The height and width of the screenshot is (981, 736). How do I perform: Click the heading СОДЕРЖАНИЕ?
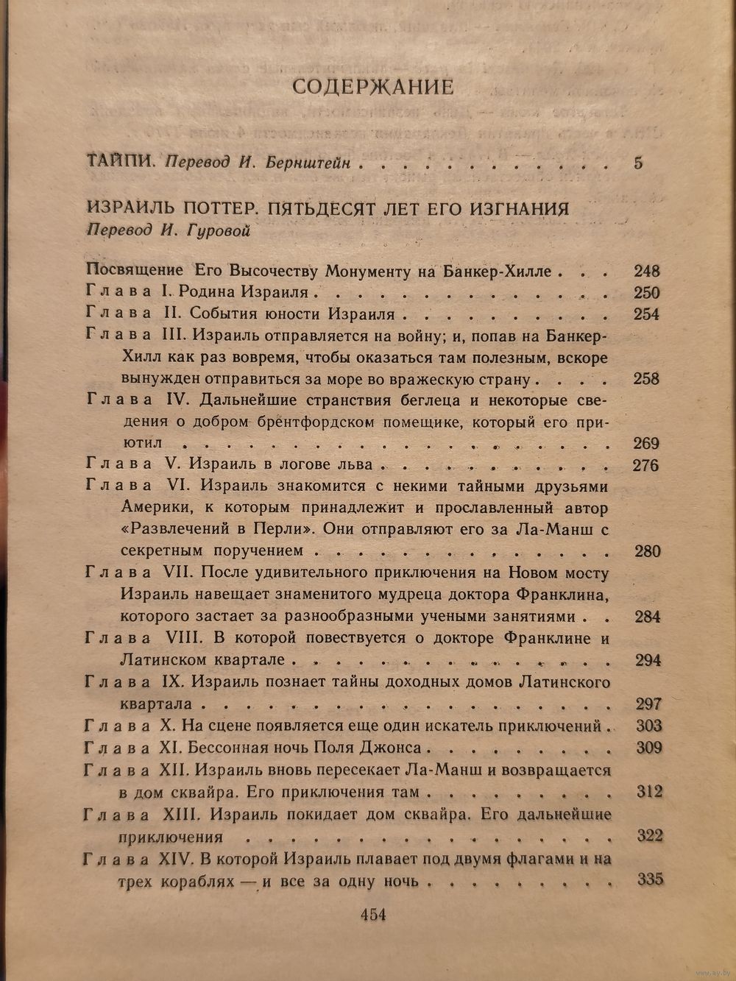(372, 87)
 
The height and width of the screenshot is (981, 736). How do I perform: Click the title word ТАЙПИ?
(118, 162)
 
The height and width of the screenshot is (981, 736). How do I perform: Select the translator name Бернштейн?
(317, 163)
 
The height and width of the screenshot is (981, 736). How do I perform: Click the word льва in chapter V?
(355, 465)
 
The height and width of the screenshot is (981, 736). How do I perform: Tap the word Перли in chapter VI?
(286, 530)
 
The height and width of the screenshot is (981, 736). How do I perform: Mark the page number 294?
(648, 659)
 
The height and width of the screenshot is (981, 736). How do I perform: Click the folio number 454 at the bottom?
(372, 915)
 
